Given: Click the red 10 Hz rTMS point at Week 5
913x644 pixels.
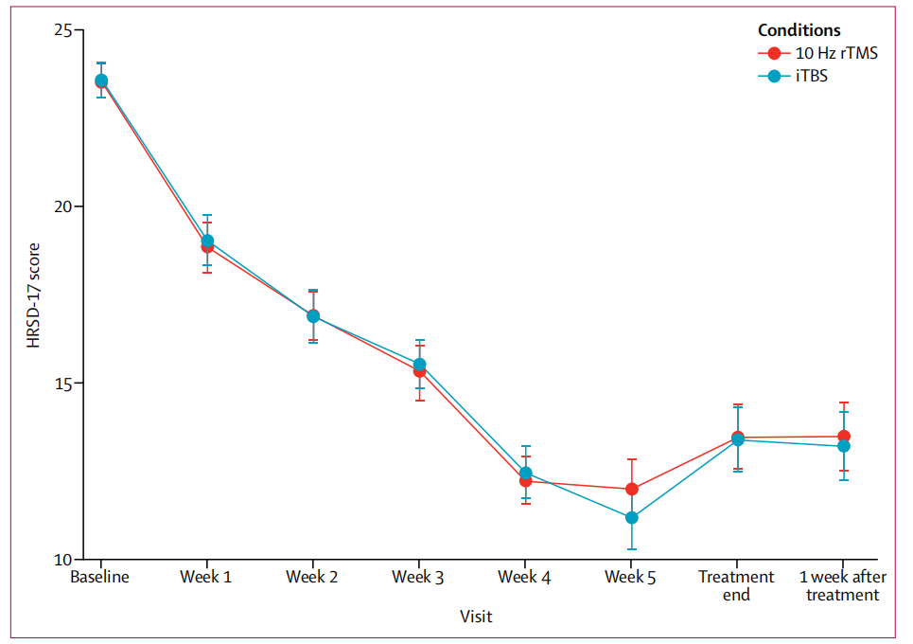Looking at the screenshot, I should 631,489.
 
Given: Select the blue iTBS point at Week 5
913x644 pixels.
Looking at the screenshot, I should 631,517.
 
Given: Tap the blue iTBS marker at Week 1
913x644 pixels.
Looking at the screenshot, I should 207,241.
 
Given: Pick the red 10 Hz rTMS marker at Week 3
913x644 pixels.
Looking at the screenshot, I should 419,370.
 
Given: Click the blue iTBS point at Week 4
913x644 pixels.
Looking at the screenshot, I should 525,473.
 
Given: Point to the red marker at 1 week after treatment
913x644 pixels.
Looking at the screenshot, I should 843,437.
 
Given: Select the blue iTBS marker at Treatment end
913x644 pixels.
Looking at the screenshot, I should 737,439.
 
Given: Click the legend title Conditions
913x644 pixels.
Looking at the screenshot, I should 799,31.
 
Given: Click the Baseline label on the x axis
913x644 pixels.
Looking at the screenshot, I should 100,577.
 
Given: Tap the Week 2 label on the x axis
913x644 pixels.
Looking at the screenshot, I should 312,577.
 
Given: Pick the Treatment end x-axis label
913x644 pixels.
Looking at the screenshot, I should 736,585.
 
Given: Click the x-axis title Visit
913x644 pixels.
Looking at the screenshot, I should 476,617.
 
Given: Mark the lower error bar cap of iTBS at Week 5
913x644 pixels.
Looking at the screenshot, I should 631,549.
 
